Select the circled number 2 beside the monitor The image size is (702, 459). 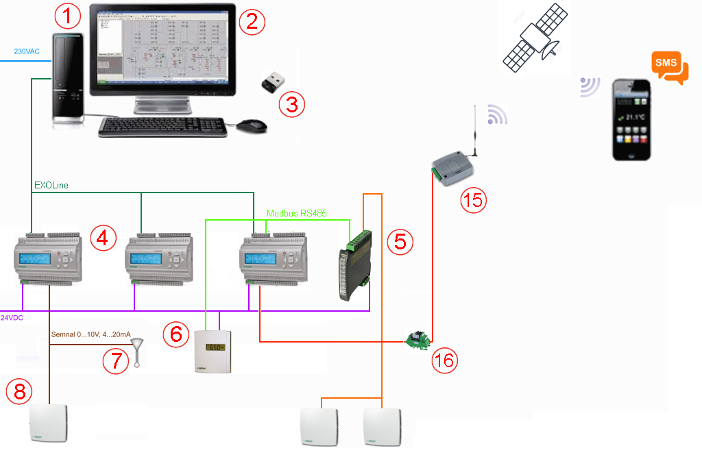click(252, 21)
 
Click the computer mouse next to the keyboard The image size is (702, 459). click(252, 126)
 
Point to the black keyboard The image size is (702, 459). click(162, 127)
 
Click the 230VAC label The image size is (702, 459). click(27, 51)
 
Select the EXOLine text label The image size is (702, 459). click(51, 185)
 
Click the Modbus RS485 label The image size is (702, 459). click(296, 213)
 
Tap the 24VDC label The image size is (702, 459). click(12, 318)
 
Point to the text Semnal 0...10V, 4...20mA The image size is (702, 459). click(91, 334)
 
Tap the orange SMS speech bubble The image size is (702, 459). click(669, 67)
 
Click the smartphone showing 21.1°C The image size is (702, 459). click(631, 120)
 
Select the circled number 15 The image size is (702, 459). click(472, 201)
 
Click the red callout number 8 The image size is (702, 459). click(19, 391)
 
